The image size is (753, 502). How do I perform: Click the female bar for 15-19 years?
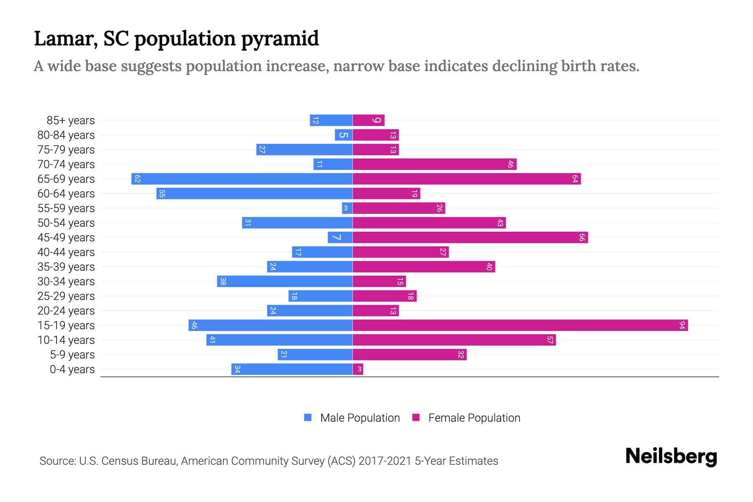point(520,325)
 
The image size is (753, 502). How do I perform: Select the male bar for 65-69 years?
point(242,179)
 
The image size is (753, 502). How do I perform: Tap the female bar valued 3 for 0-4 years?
point(358,369)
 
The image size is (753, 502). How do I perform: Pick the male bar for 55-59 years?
point(347,208)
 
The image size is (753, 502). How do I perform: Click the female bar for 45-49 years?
point(470,238)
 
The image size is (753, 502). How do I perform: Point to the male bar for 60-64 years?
point(254,194)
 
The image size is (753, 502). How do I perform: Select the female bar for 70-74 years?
point(434,164)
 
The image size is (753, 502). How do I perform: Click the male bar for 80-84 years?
point(343,135)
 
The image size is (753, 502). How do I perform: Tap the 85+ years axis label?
point(71,120)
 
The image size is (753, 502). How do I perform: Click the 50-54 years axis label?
point(66,223)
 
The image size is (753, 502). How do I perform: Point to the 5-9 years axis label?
point(72,355)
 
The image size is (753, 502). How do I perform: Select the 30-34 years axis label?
point(66,282)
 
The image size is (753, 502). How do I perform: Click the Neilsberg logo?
point(671,456)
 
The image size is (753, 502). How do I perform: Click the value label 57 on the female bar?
point(550,340)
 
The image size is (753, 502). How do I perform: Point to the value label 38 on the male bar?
point(223,282)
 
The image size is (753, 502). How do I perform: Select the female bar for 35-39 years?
point(424,267)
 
